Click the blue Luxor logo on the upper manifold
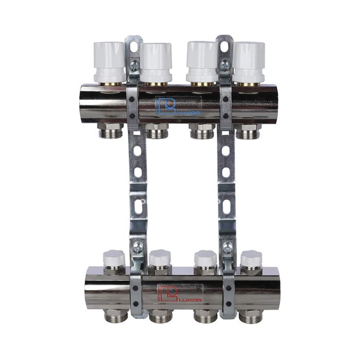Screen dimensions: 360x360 pyautogui.click(x=178, y=106)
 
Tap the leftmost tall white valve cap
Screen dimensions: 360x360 pyautogui.click(x=109, y=62)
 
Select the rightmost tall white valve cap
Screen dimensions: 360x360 pyautogui.click(x=249, y=62)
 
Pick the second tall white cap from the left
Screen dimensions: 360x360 pyautogui.click(x=156, y=62)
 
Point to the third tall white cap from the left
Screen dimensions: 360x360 pyautogui.click(x=202, y=62)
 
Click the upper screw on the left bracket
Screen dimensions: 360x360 pyautogui.click(x=134, y=65)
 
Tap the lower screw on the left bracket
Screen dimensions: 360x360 pyautogui.click(x=138, y=246)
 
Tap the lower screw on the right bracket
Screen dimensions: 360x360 pyautogui.click(x=227, y=246)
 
